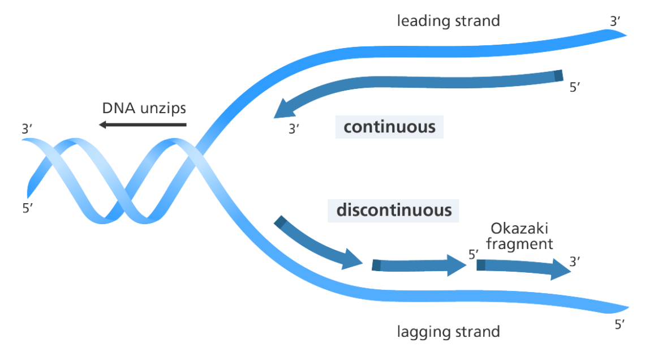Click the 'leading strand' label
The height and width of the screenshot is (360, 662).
448,22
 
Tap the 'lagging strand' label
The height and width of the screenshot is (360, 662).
448,331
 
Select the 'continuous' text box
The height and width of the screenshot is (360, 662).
389,127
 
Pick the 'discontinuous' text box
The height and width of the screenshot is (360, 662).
394,211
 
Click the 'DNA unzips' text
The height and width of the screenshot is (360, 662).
144,108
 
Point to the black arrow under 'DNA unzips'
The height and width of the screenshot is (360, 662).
142,125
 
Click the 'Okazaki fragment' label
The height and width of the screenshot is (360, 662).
519,236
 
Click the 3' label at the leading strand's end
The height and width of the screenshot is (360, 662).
615,22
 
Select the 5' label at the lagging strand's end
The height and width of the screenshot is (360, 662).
620,325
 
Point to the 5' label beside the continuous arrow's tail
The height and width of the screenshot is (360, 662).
575,88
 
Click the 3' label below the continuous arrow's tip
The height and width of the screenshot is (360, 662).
294,129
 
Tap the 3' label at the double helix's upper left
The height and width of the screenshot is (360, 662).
27,129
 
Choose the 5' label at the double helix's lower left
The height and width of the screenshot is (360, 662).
28,208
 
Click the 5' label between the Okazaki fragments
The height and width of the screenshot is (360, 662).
474,255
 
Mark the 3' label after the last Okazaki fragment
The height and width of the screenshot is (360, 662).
574,262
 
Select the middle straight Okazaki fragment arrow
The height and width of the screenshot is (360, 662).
419,265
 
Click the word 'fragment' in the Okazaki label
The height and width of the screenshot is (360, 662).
519,244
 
